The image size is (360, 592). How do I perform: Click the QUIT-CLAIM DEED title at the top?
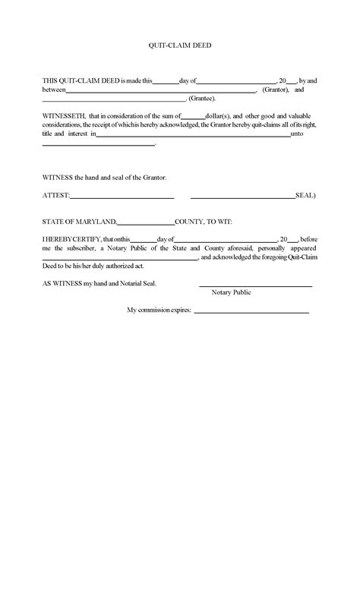pos(179,46)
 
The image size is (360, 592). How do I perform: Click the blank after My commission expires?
pos(251,312)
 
